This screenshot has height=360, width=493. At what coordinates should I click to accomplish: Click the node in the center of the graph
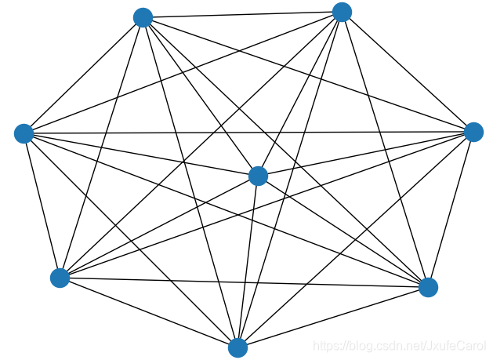click(258, 176)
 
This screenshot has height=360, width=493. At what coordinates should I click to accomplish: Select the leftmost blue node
click(24, 133)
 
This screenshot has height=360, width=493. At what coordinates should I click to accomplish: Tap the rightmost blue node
click(473, 132)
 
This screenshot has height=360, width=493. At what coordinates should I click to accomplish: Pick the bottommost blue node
click(237, 347)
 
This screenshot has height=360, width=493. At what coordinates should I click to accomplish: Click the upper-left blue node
click(143, 17)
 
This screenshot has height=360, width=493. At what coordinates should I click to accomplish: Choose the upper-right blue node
click(342, 12)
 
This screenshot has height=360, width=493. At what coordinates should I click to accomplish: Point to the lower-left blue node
click(60, 278)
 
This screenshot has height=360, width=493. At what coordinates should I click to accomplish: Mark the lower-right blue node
click(428, 287)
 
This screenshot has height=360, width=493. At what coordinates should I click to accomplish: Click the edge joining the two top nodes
click(242, 15)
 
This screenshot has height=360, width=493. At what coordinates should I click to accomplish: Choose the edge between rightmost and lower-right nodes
click(451, 209)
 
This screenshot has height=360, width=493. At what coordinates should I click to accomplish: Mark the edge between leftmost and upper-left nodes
click(83, 75)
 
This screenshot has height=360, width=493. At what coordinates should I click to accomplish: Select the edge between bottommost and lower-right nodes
click(332, 318)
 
